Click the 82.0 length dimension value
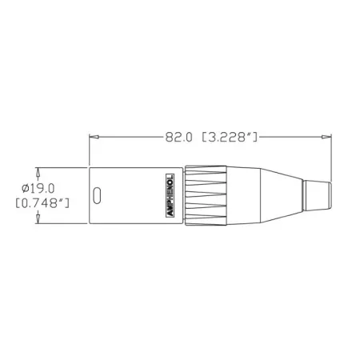[x=178, y=138]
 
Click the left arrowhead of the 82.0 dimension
[x=91, y=138]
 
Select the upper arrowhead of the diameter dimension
[x=38, y=172]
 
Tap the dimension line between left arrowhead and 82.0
[x=124, y=138]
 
